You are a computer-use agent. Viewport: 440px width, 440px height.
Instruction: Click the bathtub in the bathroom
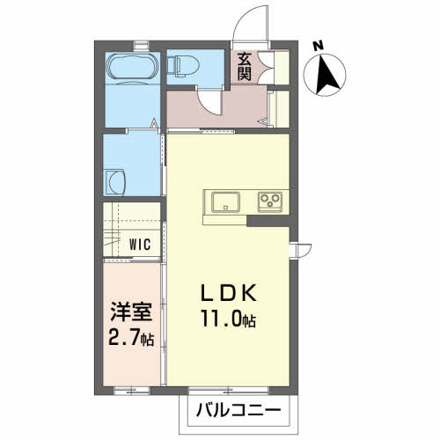[x=131, y=67]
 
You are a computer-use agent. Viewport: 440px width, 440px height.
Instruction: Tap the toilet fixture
[x=182, y=66]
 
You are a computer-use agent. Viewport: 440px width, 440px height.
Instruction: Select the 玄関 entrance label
[x=244, y=67]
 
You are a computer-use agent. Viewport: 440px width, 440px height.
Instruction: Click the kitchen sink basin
[x=225, y=202]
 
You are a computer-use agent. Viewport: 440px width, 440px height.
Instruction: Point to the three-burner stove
[x=270, y=202]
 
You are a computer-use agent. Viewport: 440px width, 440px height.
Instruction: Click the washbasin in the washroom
[x=115, y=182]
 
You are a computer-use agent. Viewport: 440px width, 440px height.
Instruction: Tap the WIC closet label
[x=140, y=245]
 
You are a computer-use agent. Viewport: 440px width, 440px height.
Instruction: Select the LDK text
[x=229, y=292]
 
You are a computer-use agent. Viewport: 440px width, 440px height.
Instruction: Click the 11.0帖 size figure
[x=229, y=319]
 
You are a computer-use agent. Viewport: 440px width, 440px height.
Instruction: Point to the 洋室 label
[x=131, y=312]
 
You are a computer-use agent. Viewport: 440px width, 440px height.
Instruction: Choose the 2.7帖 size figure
[x=131, y=337]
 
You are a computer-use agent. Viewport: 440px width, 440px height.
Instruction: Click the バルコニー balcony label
[x=238, y=410]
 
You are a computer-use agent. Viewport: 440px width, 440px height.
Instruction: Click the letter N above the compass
[x=318, y=47]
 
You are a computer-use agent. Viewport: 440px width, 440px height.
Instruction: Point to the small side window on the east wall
[x=300, y=251]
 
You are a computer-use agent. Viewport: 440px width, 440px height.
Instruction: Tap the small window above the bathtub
[x=142, y=46]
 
